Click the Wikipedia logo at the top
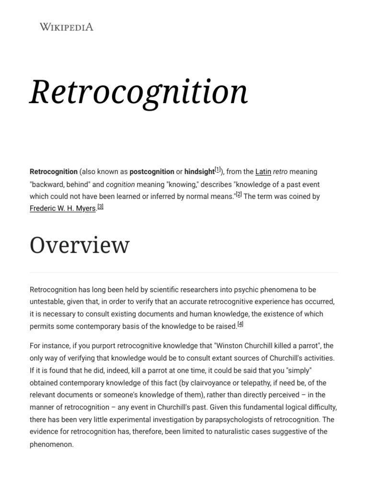[66, 27]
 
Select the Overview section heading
[80, 245]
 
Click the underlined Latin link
[263, 172]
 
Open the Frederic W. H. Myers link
[63, 209]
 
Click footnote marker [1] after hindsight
[218, 170]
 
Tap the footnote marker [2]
[239, 194]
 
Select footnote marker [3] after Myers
[100, 207]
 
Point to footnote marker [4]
[241, 324]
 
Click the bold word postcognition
[152, 172]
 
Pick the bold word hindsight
[199, 172]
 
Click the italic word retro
[280, 172]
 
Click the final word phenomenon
[51, 444]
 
